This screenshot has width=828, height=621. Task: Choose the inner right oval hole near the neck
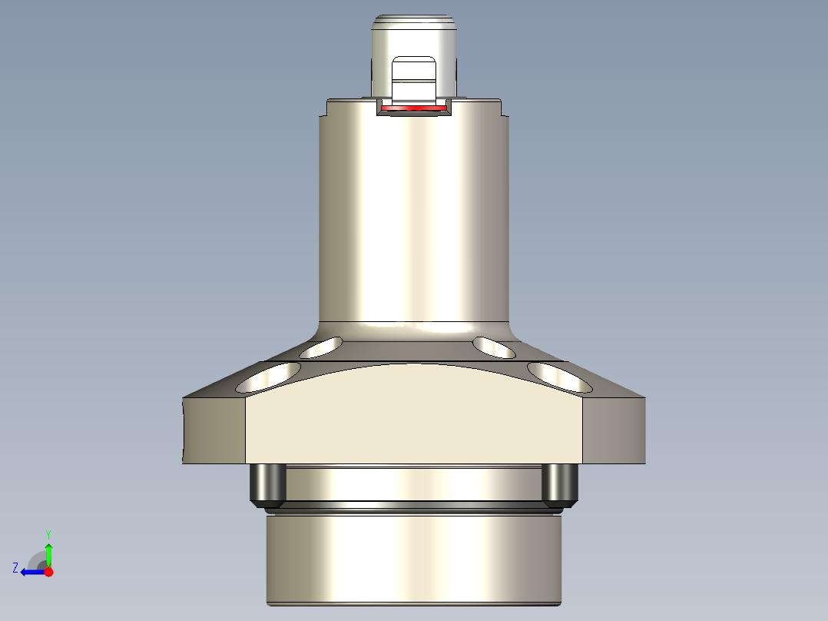pyautogui.click(x=494, y=347)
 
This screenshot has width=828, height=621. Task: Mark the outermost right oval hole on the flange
pyautogui.click(x=558, y=376)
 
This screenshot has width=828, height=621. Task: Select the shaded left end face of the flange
pyautogui.click(x=214, y=430)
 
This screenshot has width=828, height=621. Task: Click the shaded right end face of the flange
pyautogui.click(x=614, y=430)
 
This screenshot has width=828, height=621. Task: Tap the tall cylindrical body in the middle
pyautogui.click(x=414, y=215)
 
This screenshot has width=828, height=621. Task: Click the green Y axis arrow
pyautogui.click(x=48, y=552)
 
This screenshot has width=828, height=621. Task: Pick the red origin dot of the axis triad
pyautogui.click(x=48, y=572)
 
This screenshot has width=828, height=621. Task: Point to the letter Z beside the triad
pyautogui.click(x=15, y=568)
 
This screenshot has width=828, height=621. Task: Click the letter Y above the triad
pyautogui.click(x=48, y=533)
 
